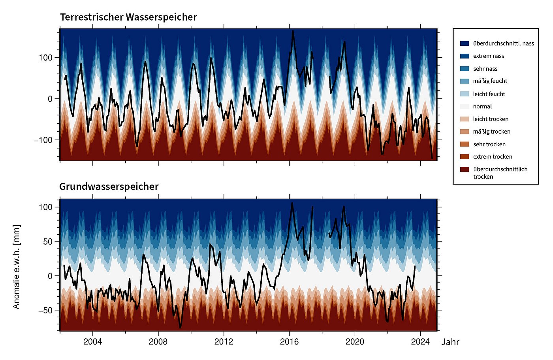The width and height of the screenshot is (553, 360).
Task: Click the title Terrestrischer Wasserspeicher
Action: pos(128,17)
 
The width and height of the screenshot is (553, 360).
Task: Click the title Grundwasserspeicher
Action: pos(109,187)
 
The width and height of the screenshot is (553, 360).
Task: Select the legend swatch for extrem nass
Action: pos(465,56)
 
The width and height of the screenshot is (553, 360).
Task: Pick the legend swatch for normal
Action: pos(465,106)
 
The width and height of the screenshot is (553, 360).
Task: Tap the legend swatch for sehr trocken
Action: pos(465,144)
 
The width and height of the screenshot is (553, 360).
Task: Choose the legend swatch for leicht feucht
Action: pos(465,94)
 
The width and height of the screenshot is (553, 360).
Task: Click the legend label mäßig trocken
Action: pos(491,132)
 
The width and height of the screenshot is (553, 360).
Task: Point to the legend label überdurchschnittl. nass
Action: pos(503,43)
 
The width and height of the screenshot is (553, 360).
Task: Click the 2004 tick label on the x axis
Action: pos(92,341)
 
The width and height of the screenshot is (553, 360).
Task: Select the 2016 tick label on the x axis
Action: pos(289,341)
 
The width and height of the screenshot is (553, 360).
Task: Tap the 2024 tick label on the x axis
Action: pos(420,341)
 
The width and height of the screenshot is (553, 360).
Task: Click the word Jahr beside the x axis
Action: pos(450,342)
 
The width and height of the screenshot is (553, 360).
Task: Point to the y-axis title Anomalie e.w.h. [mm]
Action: pos(16,267)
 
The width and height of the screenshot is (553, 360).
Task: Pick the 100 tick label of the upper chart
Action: pos(45,58)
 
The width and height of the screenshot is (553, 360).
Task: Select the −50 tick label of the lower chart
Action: pos(45,310)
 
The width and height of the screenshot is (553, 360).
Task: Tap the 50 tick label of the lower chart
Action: pos(48,241)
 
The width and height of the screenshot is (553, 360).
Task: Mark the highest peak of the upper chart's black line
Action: pos(293,31)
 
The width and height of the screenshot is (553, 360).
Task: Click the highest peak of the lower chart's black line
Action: pos(292,203)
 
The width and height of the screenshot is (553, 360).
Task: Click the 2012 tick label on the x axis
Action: pos(224,341)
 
